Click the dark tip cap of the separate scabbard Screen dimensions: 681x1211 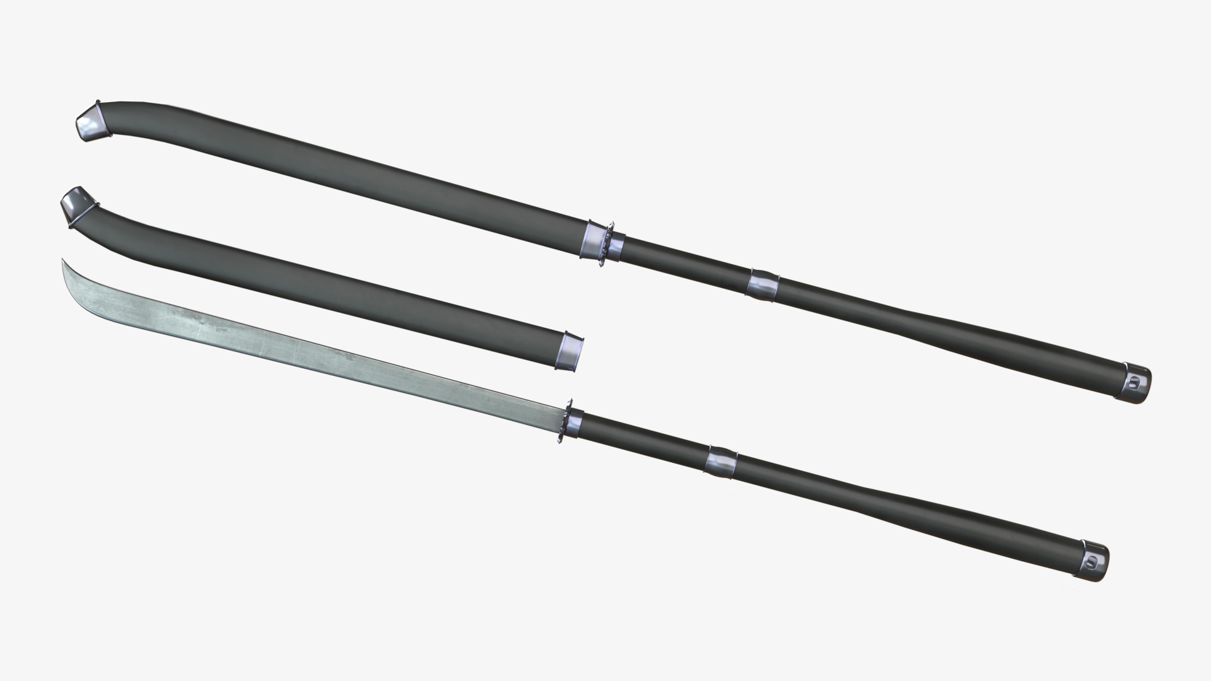click(74, 205)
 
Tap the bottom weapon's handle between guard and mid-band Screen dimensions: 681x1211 click(643, 442)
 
